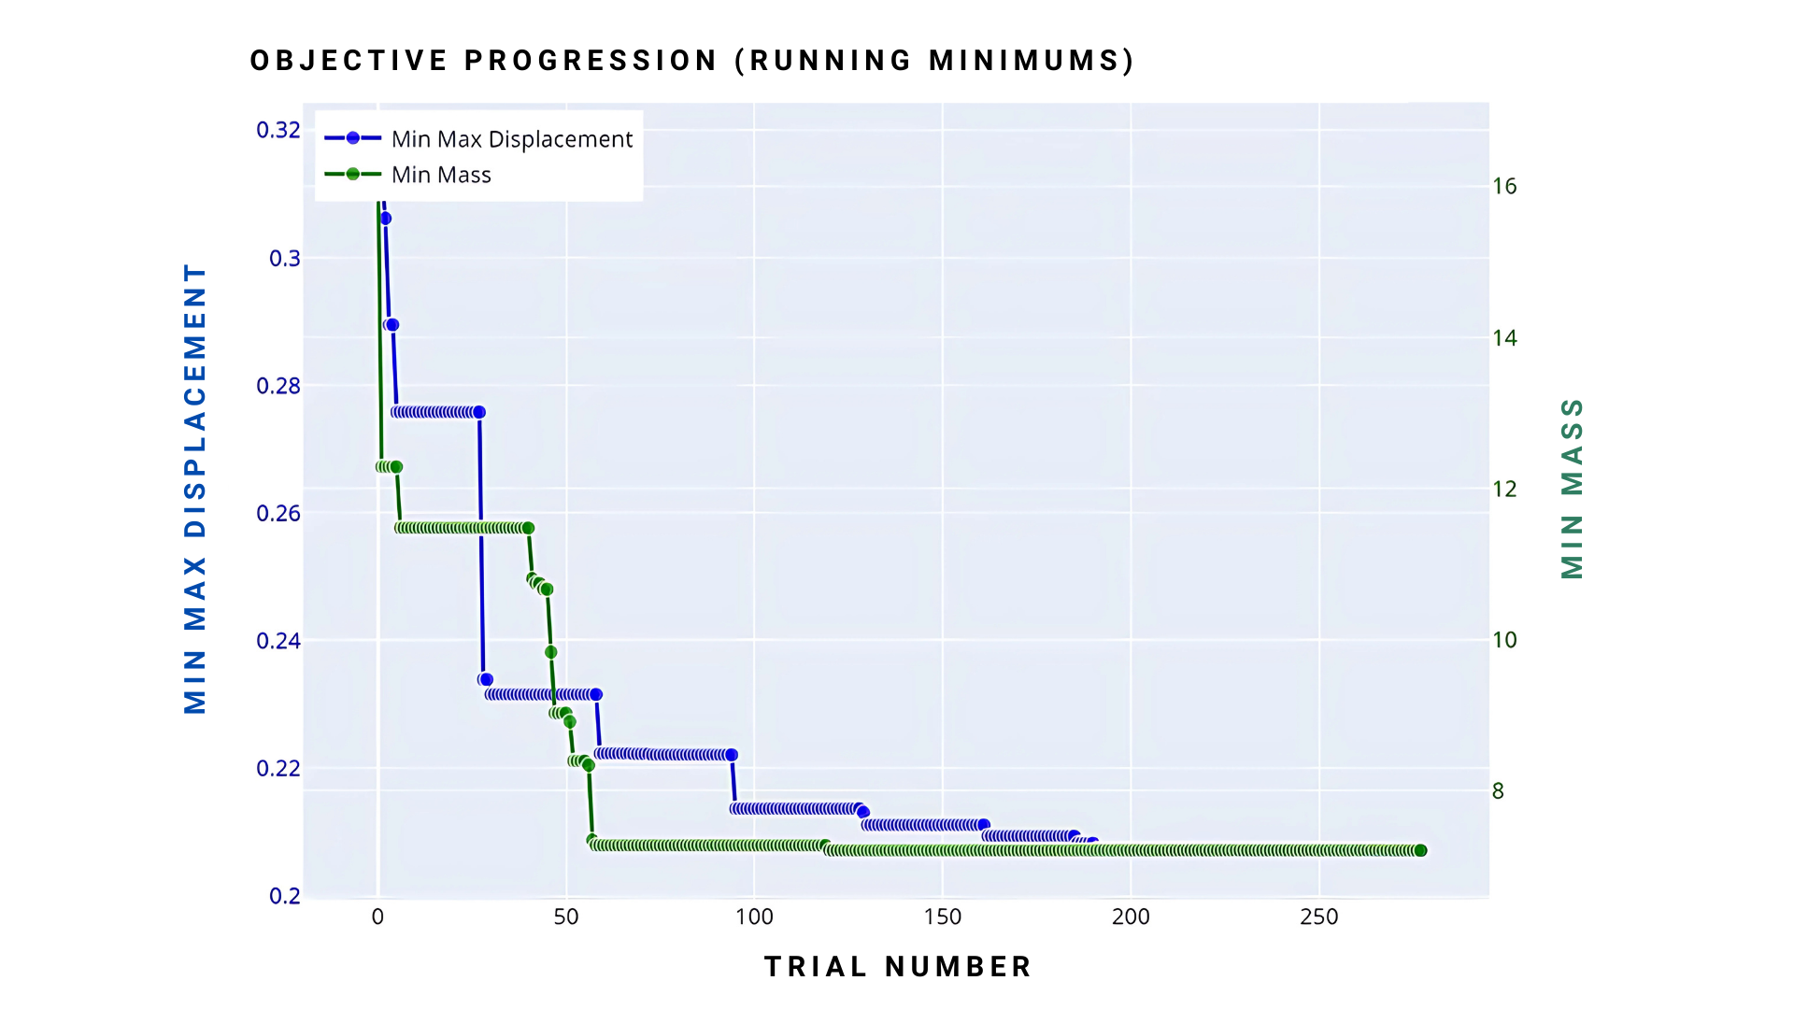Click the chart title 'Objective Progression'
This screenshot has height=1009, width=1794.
(x=691, y=61)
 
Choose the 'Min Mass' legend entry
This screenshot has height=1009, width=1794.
(x=441, y=175)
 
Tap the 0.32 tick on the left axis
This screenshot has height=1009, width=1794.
(x=278, y=130)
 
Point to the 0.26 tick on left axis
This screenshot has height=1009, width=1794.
(x=278, y=513)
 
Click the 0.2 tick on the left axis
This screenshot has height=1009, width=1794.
(x=285, y=896)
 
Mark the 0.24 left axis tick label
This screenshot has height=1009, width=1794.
(x=278, y=641)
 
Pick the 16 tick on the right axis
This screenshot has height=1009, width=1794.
(x=1504, y=186)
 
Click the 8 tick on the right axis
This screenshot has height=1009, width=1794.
(x=1498, y=791)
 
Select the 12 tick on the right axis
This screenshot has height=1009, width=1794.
(x=1504, y=489)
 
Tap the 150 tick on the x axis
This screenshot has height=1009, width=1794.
(x=943, y=917)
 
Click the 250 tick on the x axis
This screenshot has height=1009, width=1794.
(x=1319, y=917)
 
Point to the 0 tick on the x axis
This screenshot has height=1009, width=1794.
(x=377, y=917)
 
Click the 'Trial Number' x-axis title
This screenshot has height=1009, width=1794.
(x=898, y=967)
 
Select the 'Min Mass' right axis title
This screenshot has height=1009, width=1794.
(x=1573, y=489)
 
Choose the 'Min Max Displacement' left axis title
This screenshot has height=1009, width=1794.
(x=194, y=489)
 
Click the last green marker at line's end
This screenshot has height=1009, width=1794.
(x=1420, y=850)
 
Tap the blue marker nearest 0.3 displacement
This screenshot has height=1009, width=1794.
(x=385, y=219)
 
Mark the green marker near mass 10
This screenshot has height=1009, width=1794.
(x=550, y=652)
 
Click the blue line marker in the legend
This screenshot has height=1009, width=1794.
(x=352, y=138)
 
